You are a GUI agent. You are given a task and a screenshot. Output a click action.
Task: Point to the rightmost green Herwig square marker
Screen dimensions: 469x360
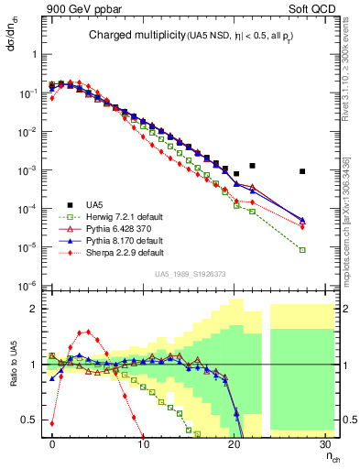[302, 250]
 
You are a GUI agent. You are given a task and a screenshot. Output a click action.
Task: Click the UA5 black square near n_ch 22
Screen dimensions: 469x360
[253, 166]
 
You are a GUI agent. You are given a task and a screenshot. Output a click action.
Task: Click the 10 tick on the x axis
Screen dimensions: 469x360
[144, 444]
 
